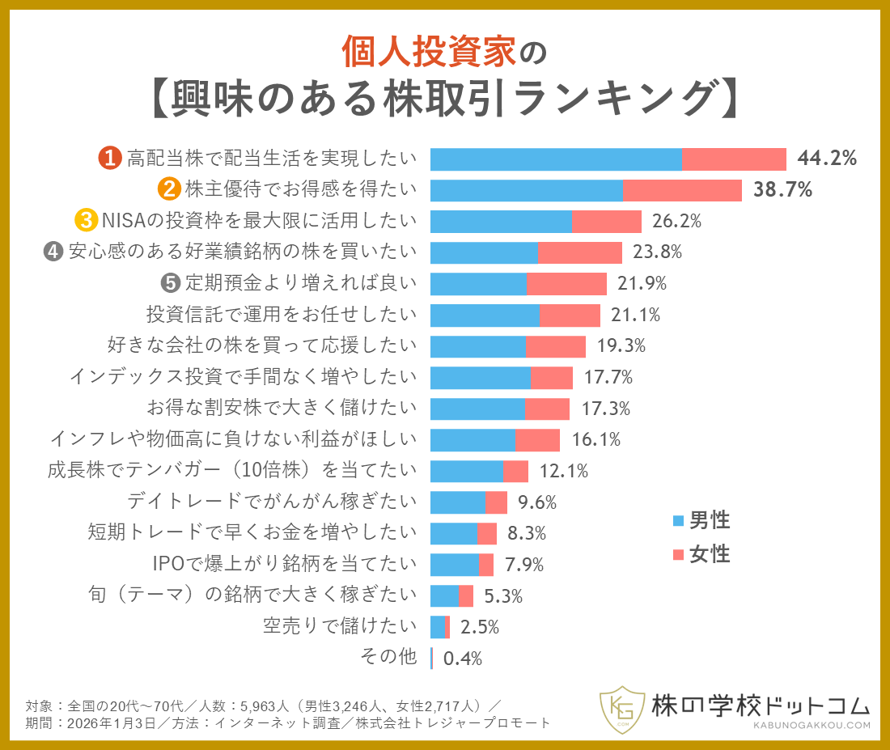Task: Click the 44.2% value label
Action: point(826,159)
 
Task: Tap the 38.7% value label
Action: point(782,190)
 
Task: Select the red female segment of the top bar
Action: point(734,159)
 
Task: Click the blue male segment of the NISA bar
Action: point(501,221)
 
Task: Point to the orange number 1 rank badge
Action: point(110,159)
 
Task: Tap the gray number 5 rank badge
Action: point(169,282)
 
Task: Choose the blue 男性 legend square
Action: point(678,520)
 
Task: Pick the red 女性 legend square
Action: point(678,555)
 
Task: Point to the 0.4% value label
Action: point(463,659)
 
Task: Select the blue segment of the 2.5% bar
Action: point(437,626)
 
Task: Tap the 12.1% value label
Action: point(564,470)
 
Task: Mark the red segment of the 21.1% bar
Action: point(570,315)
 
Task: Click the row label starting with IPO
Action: point(285,563)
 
